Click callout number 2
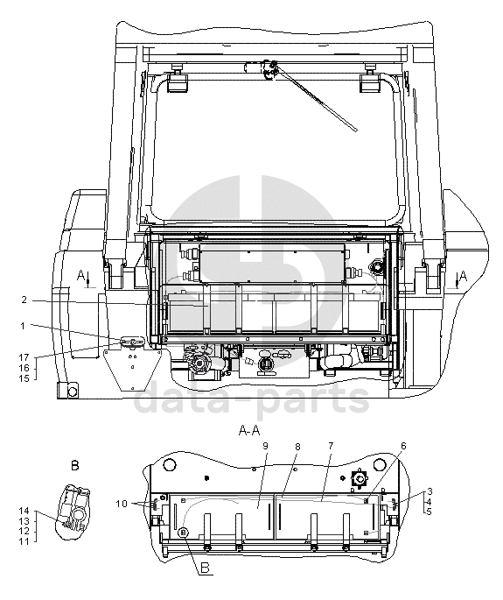pyautogui.click(x=24, y=300)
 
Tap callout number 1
pyautogui.click(x=23, y=326)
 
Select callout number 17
pyautogui.click(x=24, y=357)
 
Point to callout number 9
pyautogui.click(x=265, y=446)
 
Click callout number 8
pyautogui.click(x=297, y=447)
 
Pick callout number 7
pyautogui.click(x=331, y=446)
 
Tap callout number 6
pyautogui.click(x=403, y=446)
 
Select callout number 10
pyautogui.click(x=122, y=504)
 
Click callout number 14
pyautogui.click(x=24, y=511)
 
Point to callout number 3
pyautogui.click(x=430, y=491)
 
